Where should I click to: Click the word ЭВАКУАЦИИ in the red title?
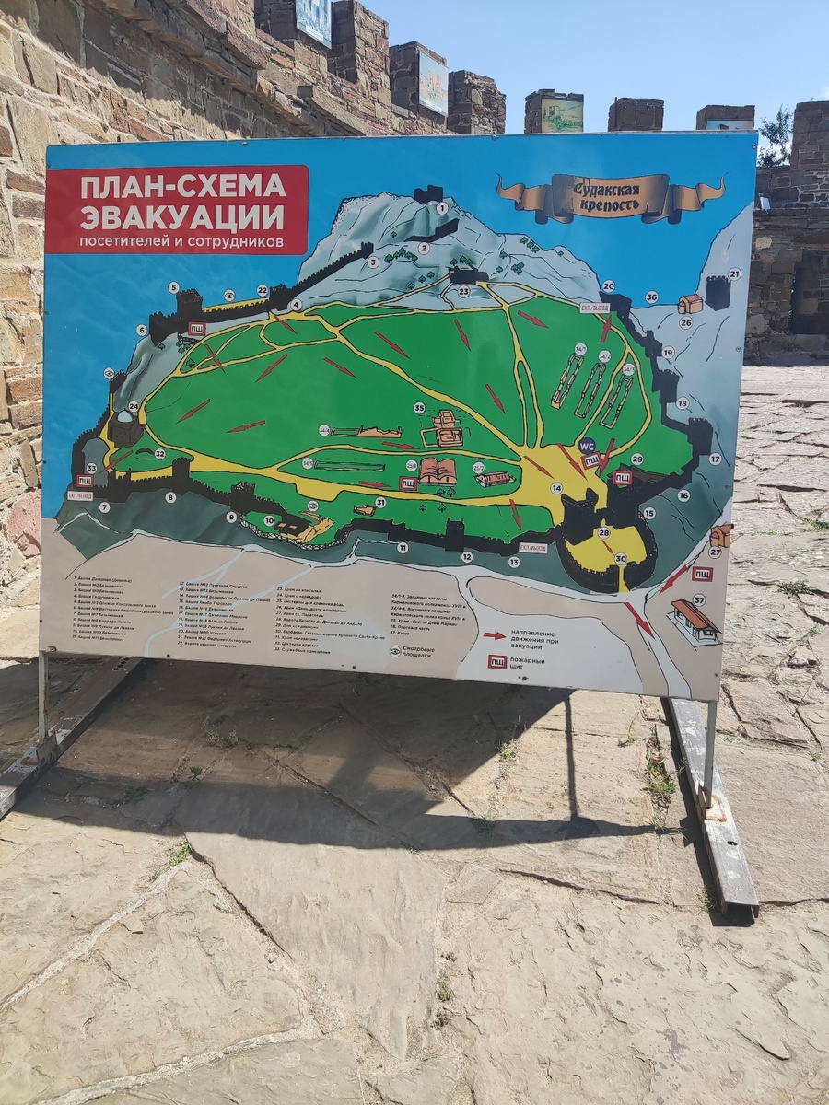click(x=182, y=217)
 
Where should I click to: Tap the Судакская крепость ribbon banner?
click(x=611, y=196)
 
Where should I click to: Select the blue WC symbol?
click(x=587, y=444)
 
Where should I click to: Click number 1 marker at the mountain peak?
click(x=441, y=208)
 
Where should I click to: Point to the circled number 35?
click(x=419, y=408)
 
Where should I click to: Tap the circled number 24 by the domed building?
click(x=134, y=405)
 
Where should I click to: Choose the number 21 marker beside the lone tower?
click(x=734, y=273)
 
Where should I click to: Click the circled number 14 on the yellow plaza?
click(x=556, y=488)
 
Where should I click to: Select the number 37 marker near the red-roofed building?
click(x=699, y=600)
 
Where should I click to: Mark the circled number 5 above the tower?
click(x=173, y=287)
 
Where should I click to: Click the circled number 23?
click(x=463, y=291)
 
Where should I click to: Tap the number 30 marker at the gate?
click(x=621, y=558)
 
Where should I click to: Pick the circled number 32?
click(x=159, y=453)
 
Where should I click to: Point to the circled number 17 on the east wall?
click(x=715, y=458)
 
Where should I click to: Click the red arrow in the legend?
click(x=495, y=634)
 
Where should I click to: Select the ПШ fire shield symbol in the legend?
click(x=496, y=661)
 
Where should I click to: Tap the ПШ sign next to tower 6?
click(x=196, y=328)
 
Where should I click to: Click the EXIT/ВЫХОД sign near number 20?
click(x=593, y=308)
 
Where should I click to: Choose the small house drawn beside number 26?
click(x=690, y=303)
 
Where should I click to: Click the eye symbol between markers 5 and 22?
click(x=229, y=295)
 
